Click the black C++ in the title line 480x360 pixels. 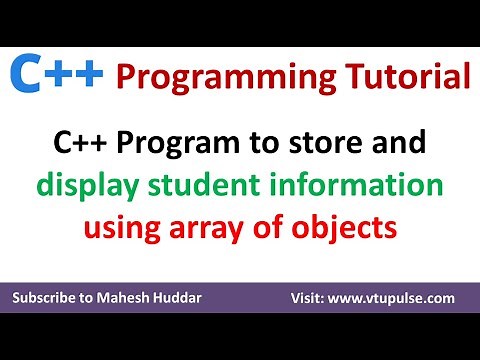(x=81, y=144)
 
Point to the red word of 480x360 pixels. (x=265, y=228)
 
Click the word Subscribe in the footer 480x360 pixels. (x=49, y=299)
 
